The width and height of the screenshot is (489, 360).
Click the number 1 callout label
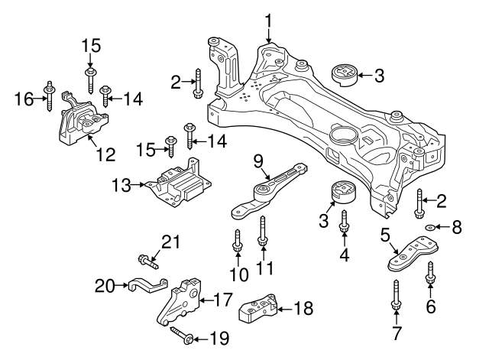(268, 18)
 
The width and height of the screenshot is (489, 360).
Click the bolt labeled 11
(263, 232)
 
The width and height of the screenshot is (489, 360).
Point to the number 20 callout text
(103, 286)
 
